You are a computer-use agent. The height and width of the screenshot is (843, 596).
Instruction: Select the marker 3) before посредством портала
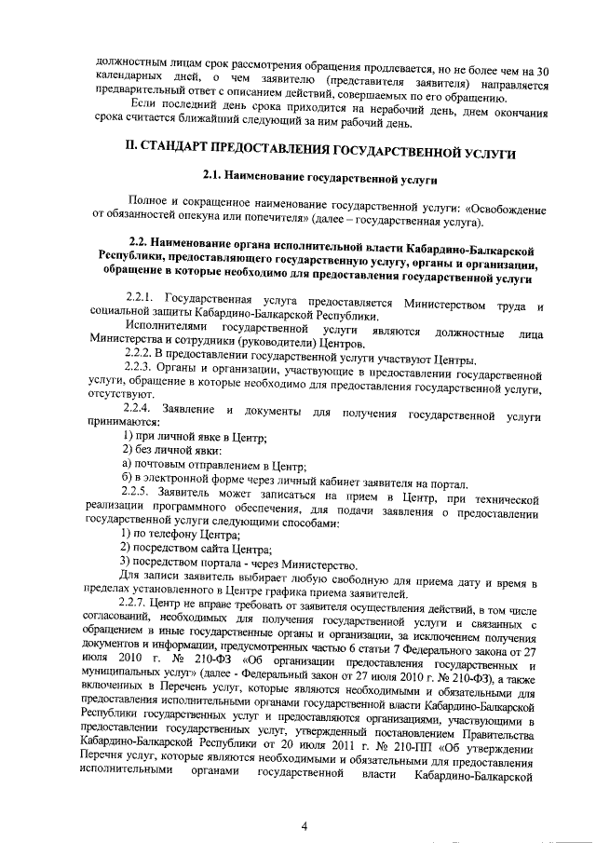tap(129, 565)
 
